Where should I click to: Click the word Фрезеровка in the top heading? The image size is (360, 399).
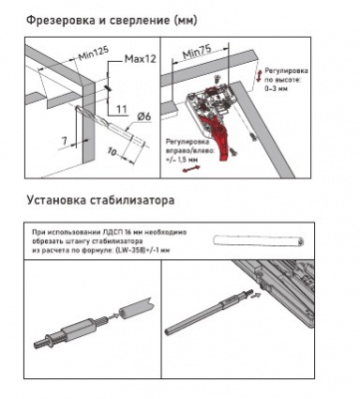click(x=50, y=19)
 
